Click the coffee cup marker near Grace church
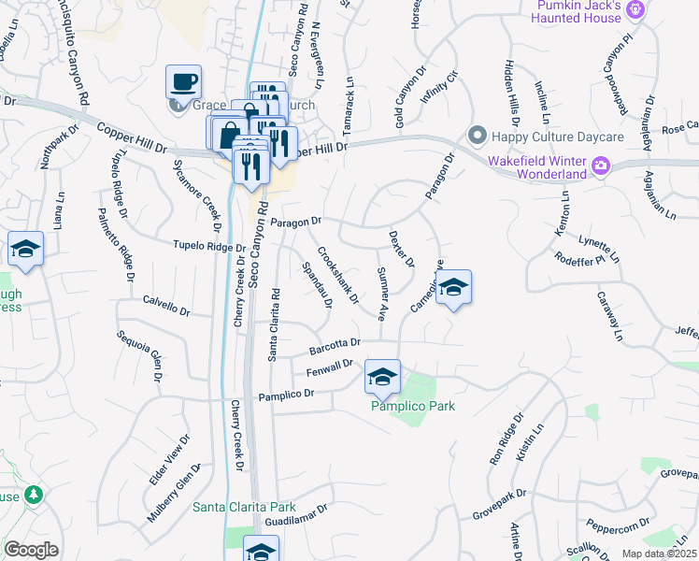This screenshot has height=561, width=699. [183, 80]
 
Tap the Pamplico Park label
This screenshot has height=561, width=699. [413, 407]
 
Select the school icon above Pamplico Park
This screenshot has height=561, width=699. [381, 377]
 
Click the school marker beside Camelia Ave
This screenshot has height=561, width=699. [453, 288]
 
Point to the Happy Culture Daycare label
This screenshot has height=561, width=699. [547, 137]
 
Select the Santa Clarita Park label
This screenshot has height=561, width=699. [244, 507]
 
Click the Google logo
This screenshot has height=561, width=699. [31, 550]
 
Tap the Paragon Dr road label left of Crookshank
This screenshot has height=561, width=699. [295, 222]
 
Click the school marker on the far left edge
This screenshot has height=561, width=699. [26, 250]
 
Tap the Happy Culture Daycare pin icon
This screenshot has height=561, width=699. [478, 137]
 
